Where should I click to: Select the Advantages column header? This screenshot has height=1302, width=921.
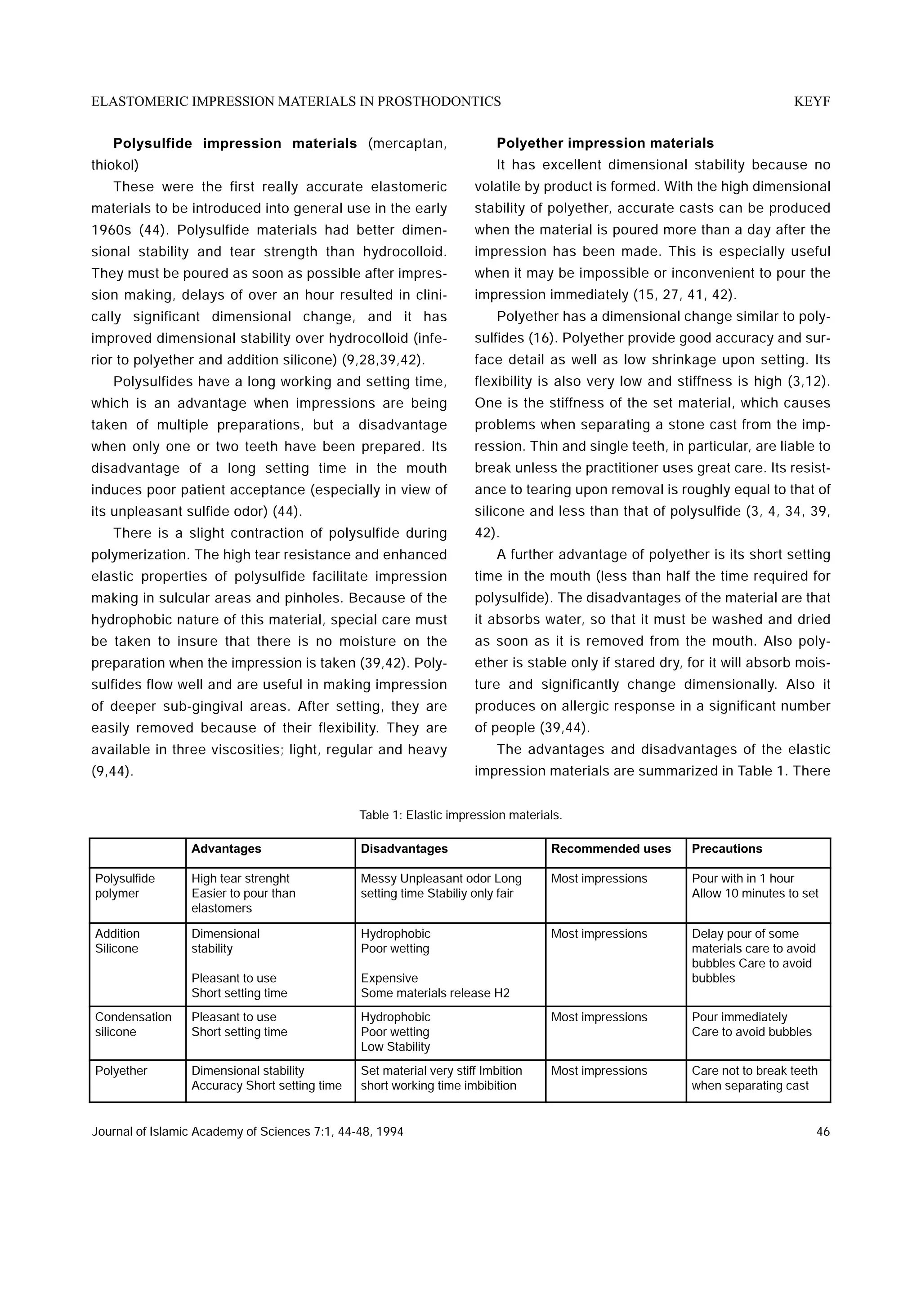pyautogui.click(x=226, y=849)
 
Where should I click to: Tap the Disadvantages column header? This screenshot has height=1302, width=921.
pyautogui.click(x=404, y=849)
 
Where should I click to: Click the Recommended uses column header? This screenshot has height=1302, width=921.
pyautogui.click(x=611, y=849)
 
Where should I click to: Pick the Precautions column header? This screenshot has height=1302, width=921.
pyautogui.click(x=726, y=849)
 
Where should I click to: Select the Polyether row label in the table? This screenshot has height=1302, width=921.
pyautogui.click(x=121, y=1071)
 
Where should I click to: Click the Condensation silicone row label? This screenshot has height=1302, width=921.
pyautogui.click(x=133, y=1024)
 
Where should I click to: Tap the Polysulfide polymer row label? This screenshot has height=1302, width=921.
pyautogui.click(x=125, y=886)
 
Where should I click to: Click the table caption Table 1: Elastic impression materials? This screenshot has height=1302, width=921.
pyautogui.click(x=460, y=815)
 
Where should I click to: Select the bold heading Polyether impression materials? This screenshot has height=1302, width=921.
pyautogui.click(x=605, y=143)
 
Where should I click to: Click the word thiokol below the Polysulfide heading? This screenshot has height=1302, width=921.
pyautogui.click(x=114, y=165)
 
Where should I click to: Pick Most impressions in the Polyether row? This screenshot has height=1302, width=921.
pyautogui.click(x=599, y=1071)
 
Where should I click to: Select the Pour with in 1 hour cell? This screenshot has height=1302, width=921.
pyautogui.click(x=742, y=878)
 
